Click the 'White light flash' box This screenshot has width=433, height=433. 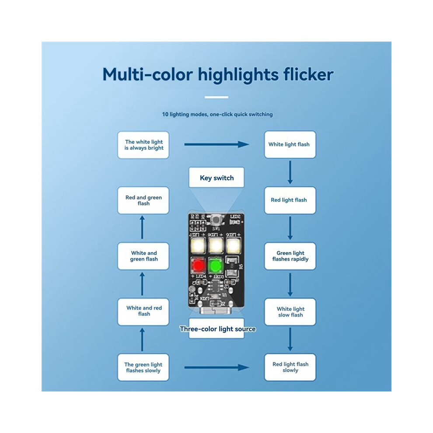click(x=290, y=144)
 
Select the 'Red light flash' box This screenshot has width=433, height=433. click(x=290, y=200)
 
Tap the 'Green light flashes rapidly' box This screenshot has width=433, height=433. click(x=290, y=256)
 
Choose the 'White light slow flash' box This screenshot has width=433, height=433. click(x=290, y=312)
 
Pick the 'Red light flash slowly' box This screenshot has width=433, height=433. click(x=290, y=367)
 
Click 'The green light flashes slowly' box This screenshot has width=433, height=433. click(x=143, y=367)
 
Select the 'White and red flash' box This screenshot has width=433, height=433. click(x=143, y=312)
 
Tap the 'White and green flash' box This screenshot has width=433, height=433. click(x=143, y=256)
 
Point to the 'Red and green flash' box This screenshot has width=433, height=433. click(x=143, y=200)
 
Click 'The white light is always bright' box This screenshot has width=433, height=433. click(x=143, y=145)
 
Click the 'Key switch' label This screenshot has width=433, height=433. click(x=216, y=178)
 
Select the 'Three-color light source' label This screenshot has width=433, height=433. click(x=217, y=329)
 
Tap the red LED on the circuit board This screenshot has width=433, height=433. click(x=198, y=265)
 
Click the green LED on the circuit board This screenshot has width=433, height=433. click(x=215, y=265)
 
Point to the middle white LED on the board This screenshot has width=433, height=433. click(x=216, y=245)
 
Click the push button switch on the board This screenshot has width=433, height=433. click(x=216, y=220)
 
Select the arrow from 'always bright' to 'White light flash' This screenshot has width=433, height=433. click(x=216, y=144)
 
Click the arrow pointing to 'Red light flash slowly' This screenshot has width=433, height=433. click(x=216, y=367)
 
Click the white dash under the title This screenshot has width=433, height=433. click(x=216, y=97)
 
